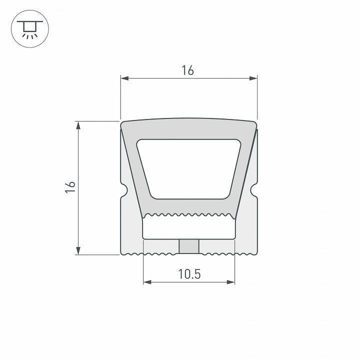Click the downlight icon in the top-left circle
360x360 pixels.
(x=29, y=29)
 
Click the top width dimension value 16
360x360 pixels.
(x=188, y=70)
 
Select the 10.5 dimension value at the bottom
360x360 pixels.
(x=189, y=273)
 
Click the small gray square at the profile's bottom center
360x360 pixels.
(x=189, y=246)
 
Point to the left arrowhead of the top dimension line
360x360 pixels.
(x=124, y=78)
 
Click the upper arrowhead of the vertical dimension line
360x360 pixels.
(x=78, y=124)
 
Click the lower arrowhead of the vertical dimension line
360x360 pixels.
(x=78, y=251)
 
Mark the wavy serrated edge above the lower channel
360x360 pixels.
(x=189, y=216)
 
